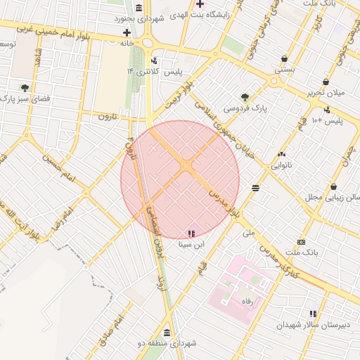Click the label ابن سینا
pos(192,245)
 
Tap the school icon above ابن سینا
pos(191,233)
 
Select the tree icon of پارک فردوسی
pos(245,98)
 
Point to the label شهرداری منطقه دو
pos(169,343)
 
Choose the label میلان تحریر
pos(326,93)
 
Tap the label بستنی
pos(283,70)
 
